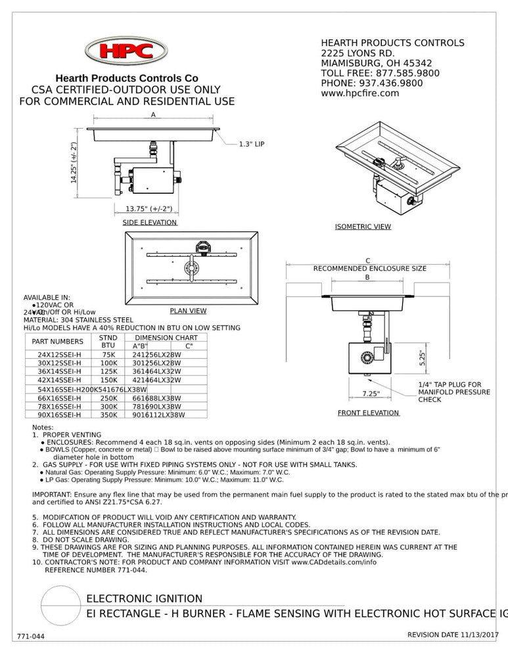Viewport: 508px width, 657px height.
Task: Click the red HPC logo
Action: click(x=126, y=51)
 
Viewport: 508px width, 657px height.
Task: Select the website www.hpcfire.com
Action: click(x=359, y=93)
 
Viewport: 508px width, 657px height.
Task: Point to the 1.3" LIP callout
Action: click(x=251, y=143)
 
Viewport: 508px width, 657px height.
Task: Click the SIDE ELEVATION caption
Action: click(x=150, y=223)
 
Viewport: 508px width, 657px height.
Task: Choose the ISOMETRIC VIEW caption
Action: click(x=363, y=227)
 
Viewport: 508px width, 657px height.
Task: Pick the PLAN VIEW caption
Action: click(x=188, y=311)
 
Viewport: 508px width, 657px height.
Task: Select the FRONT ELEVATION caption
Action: click(x=368, y=413)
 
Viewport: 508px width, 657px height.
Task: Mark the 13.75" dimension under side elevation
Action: click(x=149, y=209)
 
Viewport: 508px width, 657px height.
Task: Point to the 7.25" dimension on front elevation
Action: click(x=371, y=394)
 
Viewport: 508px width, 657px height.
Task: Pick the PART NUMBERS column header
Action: click(x=58, y=342)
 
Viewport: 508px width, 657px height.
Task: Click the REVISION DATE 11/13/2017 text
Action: click(x=453, y=635)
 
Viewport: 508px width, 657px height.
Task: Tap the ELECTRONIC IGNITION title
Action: click(x=145, y=599)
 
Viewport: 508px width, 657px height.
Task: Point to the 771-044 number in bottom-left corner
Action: click(x=31, y=637)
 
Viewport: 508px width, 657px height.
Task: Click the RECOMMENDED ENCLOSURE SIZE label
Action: click(x=369, y=269)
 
